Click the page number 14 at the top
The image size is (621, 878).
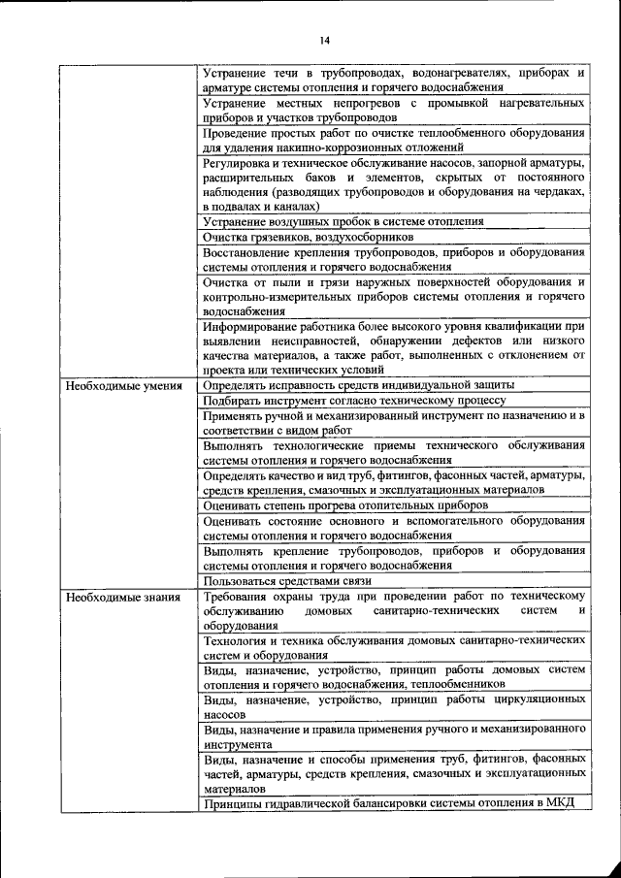(324, 40)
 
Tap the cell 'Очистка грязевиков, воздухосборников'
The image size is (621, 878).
(308, 237)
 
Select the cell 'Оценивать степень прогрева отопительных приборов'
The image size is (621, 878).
(345, 505)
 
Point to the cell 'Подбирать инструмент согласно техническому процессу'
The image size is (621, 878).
(354, 400)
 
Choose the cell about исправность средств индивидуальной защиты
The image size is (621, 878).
(358, 385)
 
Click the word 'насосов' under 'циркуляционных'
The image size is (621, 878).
(224, 713)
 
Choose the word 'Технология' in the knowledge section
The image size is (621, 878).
(239, 640)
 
